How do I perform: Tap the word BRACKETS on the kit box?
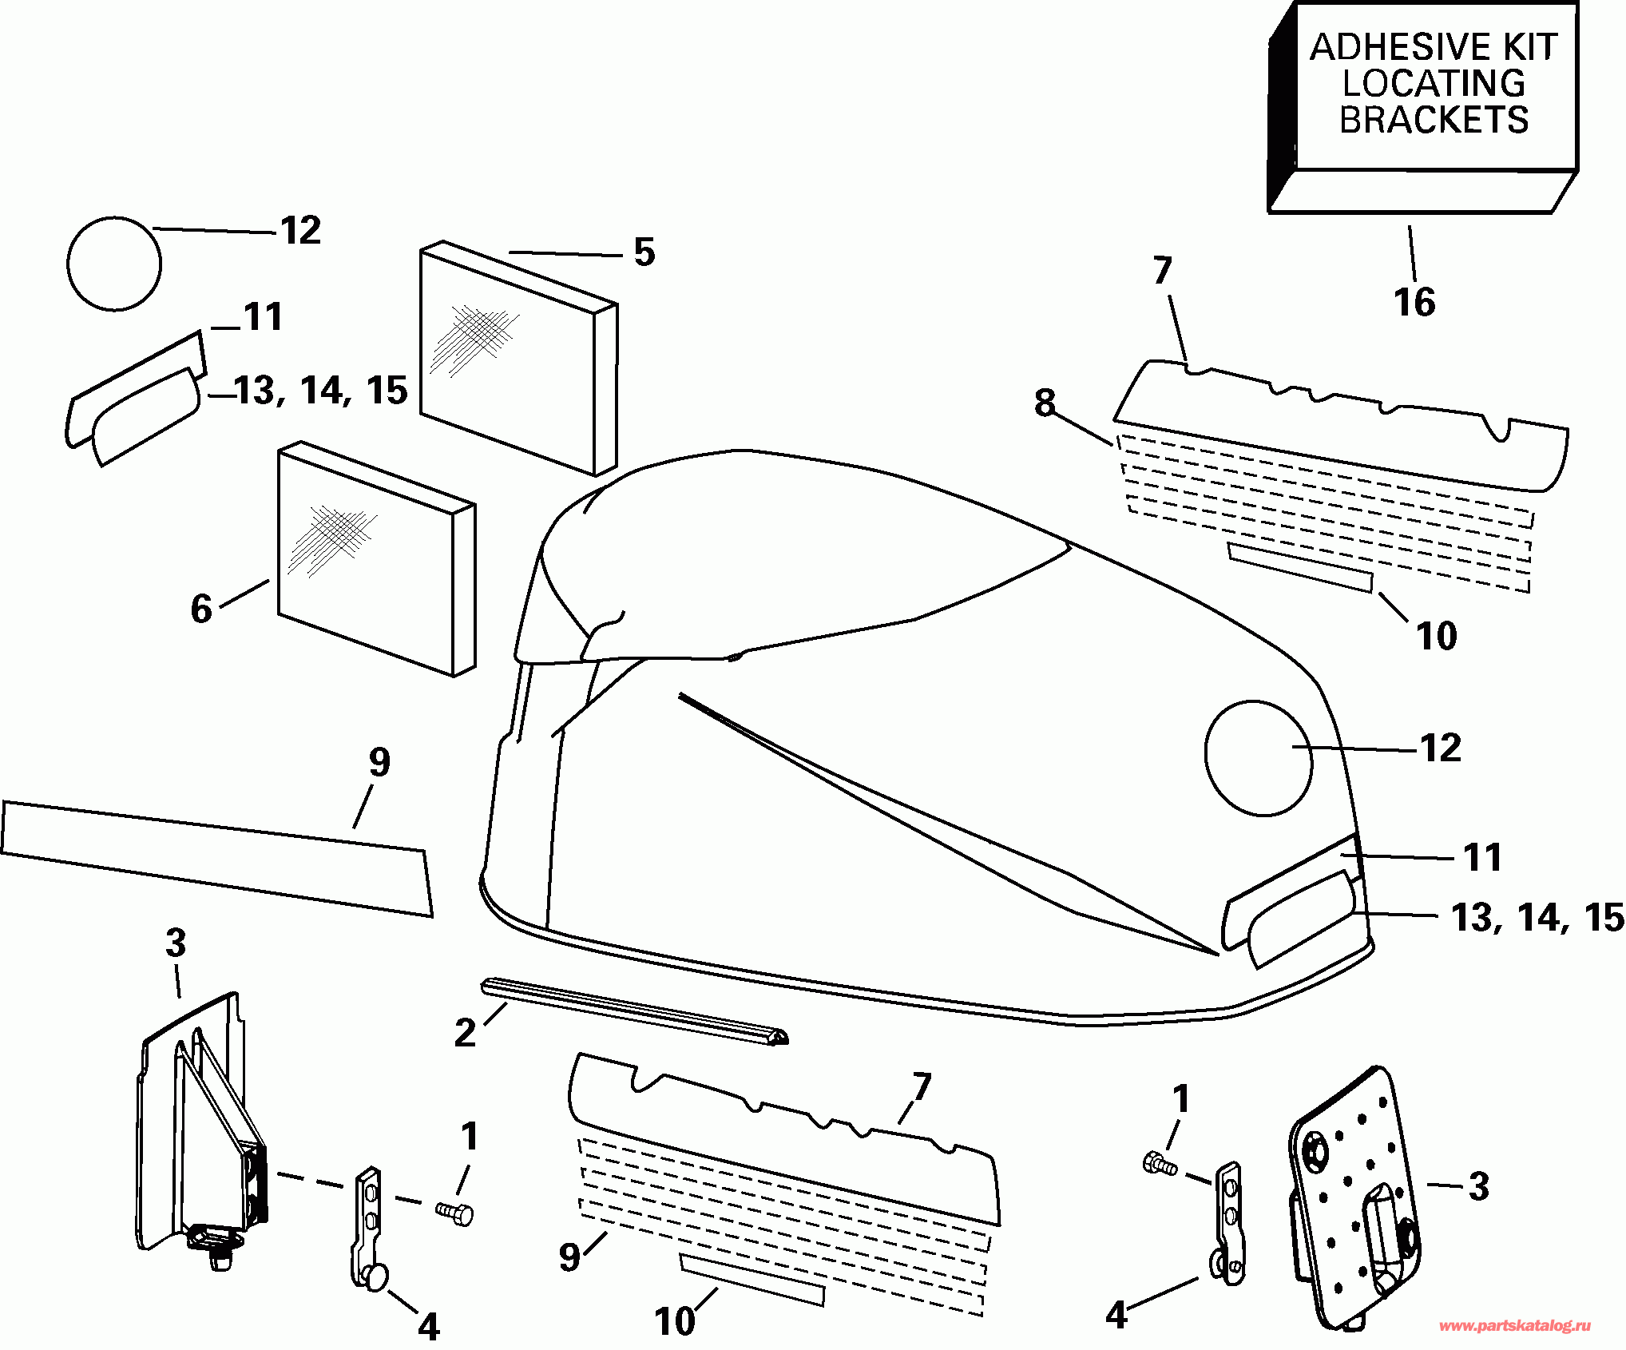click(1434, 121)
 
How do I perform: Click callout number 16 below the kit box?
click(1414, 303)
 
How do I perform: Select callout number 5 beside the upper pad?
click(644, 252)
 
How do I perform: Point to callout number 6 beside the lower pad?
click(200, 609)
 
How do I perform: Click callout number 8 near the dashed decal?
click(1045, 403)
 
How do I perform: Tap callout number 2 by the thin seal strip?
click(465, 1033)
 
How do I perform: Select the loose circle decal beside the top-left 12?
click(114, 264)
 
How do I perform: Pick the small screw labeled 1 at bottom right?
click(1160, 1164)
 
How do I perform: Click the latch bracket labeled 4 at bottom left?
click(367, 1226)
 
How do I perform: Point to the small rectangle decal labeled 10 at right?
click(1300, 567)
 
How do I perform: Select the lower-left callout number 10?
click(675, 1320)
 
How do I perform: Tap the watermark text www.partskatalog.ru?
click(1514, 1326)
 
